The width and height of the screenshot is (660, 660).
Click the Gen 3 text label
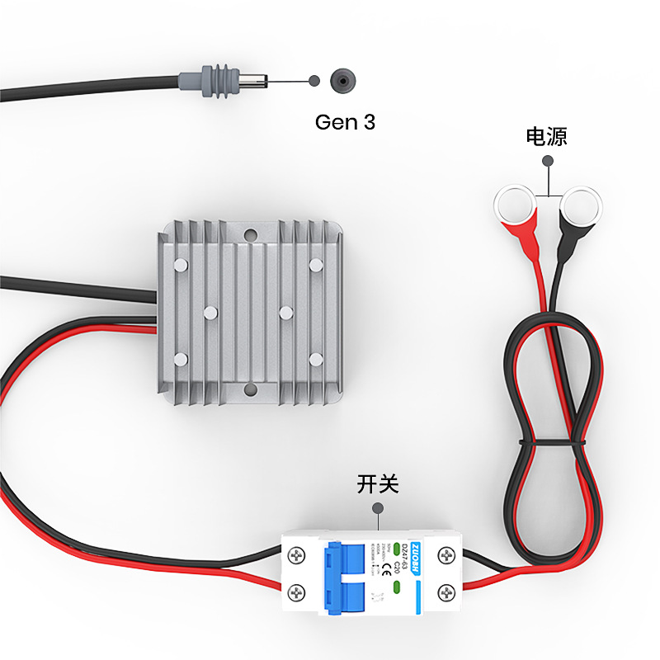(345, 123)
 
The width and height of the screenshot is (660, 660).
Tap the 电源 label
(547, 136)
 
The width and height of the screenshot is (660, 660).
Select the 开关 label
(378, 484)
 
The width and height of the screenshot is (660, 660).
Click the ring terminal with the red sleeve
(515, 204)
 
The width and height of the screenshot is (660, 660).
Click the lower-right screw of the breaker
(446, 591)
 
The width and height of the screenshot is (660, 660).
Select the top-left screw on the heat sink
(181, 265)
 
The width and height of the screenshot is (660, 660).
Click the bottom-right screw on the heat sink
(316, 359)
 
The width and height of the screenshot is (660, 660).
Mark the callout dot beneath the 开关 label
(378, 509)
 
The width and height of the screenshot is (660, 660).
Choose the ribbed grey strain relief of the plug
(216, 81)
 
